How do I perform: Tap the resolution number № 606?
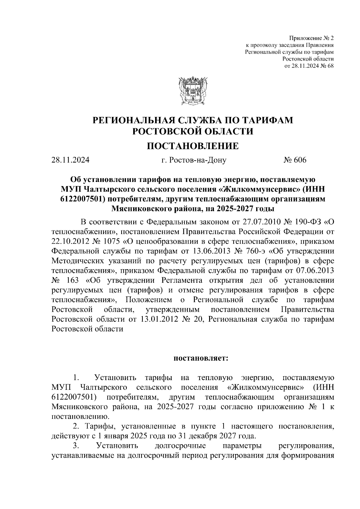tap(295, 160)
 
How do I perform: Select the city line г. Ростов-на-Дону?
tap(194, 160)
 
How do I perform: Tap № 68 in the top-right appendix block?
tap(326, 66)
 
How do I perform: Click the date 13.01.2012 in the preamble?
tap(158, 319)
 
